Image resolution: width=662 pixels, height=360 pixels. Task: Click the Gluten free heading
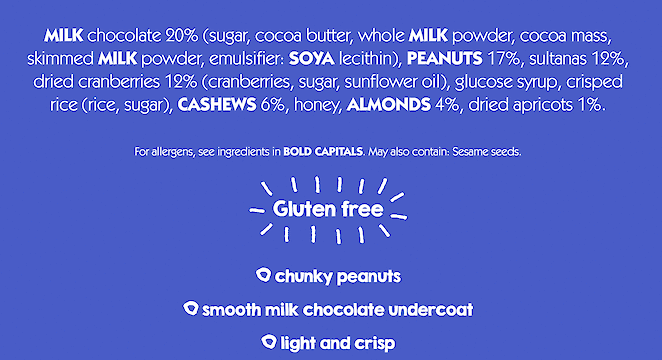(x=328, y=210)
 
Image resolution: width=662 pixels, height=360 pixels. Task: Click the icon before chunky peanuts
(x=263, y=275)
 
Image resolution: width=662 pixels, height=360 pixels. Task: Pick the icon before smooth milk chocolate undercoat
(x=191, y=309)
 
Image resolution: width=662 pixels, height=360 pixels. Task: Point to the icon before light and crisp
(x=267, y=342)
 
